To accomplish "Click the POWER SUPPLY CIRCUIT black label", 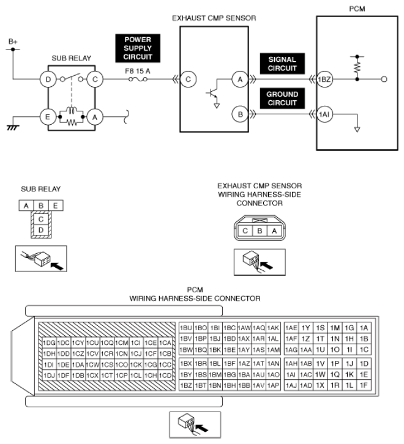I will click(x=138, y=48).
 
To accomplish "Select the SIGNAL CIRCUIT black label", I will click(x=283, y=64).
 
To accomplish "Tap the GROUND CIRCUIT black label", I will click(x=283, y=98).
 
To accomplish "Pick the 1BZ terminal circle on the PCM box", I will click(x=324, y=80).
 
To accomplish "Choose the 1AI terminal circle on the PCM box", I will click(x=324, y=114).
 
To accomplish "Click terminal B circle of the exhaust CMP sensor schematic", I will click(x=239, y=114).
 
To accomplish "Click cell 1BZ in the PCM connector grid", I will click(x=186, y=385).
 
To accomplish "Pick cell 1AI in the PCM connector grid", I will click(x=291, y=374).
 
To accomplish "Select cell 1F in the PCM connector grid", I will click(x=365, y=385).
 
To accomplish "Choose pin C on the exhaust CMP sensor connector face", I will click(x=245, y=231).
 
